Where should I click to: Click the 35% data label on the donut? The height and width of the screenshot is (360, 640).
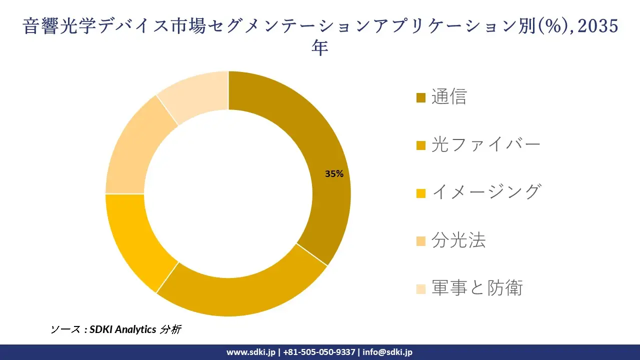334,174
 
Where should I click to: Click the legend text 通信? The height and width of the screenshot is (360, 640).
448,96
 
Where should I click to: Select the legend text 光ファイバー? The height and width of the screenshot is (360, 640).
486,144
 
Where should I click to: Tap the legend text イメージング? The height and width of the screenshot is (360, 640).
486,192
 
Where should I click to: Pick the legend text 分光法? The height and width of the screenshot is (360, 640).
458,240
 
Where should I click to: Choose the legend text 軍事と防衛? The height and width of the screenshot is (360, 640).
476,288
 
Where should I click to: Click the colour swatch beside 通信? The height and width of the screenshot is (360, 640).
421,97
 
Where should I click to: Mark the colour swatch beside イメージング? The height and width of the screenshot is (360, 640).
421,193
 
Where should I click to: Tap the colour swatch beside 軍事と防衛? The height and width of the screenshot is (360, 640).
421,289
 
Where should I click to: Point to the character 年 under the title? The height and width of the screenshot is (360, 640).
320,48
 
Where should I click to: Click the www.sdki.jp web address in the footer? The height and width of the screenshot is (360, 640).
250,352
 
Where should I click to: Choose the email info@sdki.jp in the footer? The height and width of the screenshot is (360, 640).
387,352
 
